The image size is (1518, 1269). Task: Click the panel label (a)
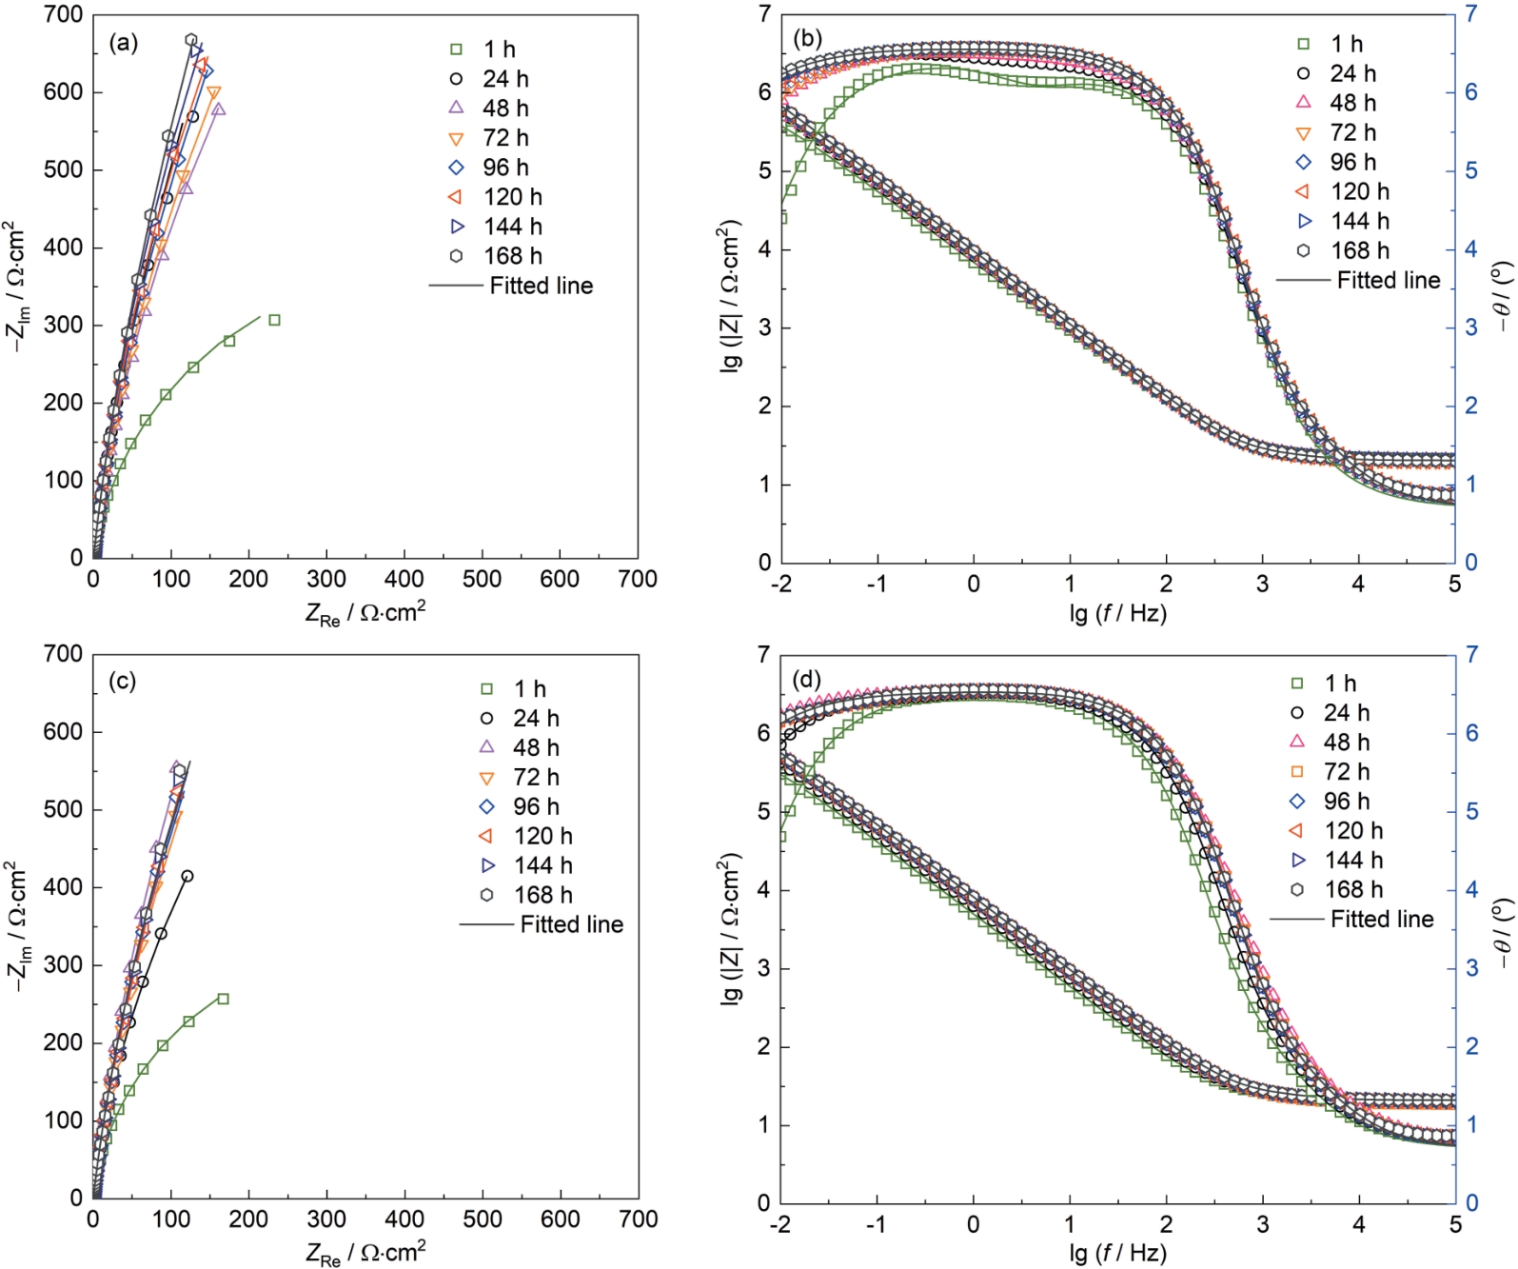tap(124, 43)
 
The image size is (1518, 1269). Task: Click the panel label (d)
tap(807, 680)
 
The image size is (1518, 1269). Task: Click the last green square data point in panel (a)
tap(274, 320)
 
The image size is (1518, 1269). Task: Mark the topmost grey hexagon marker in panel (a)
tap(191, 40)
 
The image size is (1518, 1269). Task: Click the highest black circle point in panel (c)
tap(187, 876)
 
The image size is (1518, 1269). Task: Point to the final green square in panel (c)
tap(223, 999)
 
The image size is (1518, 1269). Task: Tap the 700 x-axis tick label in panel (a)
tap(638, 580)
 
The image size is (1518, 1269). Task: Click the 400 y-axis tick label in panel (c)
tap(63, 887)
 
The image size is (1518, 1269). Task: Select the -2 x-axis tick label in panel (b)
tap(781, 584)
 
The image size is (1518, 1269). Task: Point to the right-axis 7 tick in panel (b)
tap(1470, 14)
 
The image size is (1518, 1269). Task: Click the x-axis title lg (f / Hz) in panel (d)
tap(1117, 1253)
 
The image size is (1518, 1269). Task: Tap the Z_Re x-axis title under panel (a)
tap(365, 613)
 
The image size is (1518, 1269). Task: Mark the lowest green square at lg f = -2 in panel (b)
tap(782, 218)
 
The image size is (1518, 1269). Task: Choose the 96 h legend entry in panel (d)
tap(1346, 801)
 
